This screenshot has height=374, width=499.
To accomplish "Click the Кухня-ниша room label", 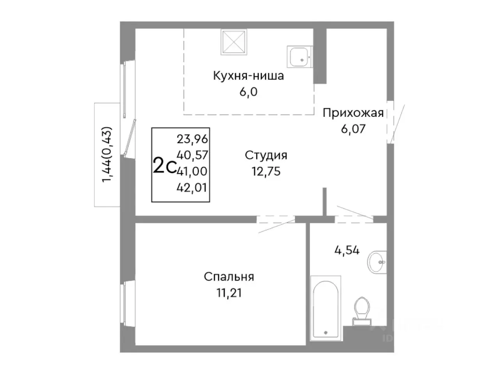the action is click(x=248, y=76).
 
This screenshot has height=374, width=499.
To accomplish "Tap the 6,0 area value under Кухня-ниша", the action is click(x=248, y=92).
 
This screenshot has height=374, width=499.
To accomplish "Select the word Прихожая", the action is click(x=353, y=113).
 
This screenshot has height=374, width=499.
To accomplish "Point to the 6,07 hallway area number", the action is click(x=353, y=129).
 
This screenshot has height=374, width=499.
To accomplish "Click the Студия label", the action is click(x=266, y=156).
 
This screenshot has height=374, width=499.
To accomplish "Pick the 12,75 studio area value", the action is click(x=266, y=171).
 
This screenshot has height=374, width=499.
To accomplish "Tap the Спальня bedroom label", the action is click(x=229, y=277).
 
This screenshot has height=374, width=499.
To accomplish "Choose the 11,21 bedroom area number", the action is click(x=229, y=293).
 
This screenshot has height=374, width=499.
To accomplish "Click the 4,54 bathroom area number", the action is click(x=347, y=251).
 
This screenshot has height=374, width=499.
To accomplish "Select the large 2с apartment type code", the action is click(x=165, y=166).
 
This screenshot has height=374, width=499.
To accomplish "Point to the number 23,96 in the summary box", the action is click(x=192, y=139).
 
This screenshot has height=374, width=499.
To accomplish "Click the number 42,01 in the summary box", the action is click(x=192, y=188).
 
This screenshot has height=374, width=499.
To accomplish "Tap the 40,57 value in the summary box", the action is click(x=192, y=155).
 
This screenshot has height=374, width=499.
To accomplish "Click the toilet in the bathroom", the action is click(x=361, y=310).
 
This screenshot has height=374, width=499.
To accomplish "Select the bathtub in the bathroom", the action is click(x=326, y=308).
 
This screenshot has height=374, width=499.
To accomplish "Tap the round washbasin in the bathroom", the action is click(x=377, y=262).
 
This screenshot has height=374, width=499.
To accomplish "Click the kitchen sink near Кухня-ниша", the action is click(x=300, y=57).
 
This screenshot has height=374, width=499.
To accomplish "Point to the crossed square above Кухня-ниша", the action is click(x=234, y=42).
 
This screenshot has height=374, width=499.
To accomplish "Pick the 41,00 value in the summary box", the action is click(x=192, y=171).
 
